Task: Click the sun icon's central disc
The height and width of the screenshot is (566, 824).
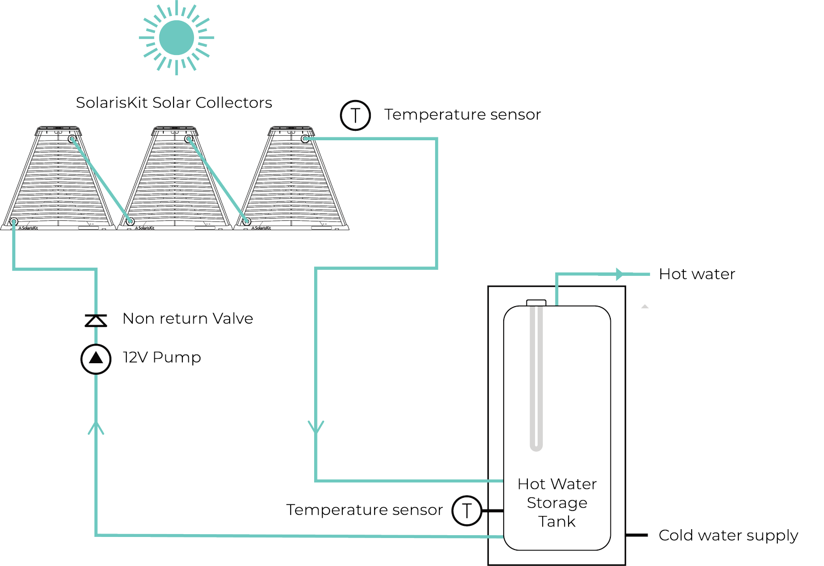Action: click(x=176, y=37)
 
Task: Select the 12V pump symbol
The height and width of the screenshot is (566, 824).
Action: click(x=96, y=359)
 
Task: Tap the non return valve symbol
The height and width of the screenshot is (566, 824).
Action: click(x=96, y=320)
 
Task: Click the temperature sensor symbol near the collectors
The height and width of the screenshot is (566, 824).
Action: click(x=355, y=115)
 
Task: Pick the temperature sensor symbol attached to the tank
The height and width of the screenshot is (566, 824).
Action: click(x=467, y=511)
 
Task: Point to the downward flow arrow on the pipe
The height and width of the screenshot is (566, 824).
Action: click(x=316, y=427)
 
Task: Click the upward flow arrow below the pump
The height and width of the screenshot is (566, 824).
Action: click(x=96, y=428)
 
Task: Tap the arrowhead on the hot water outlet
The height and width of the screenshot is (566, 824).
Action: click(x=620, y=274)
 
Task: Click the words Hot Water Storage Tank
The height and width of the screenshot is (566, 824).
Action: click(x=557, y=503)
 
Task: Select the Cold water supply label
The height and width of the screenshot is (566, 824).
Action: click(x=728, y=536)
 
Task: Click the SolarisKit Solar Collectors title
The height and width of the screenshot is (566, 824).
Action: click(x=174, y=103)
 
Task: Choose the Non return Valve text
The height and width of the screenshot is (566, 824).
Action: click(x=188, y=318)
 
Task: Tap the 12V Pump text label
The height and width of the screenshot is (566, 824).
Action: click(x=162, y=357)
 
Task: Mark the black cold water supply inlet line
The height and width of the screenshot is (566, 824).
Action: click(x=636, y=535)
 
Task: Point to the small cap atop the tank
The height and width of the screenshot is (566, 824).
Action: click(x=536, y=302)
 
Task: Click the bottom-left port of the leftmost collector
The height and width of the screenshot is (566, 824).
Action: click(x=14, y=221)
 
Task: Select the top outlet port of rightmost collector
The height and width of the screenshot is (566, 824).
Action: click(x=305, y=138)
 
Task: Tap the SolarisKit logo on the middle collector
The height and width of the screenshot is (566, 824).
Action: click(x=144, y=228)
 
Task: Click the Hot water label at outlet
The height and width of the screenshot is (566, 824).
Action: click(x=697, y=274)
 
